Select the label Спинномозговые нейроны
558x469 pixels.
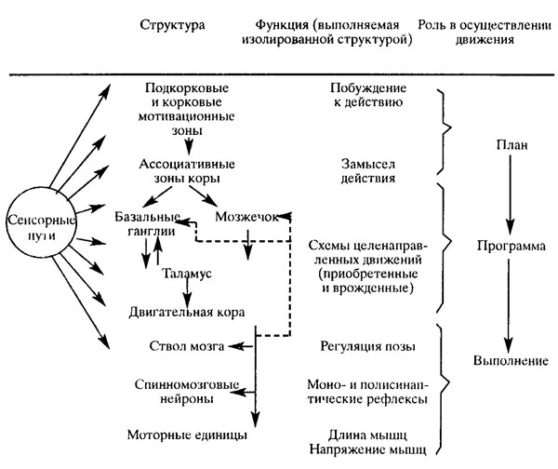[180, 391]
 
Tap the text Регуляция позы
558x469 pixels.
[358, 347]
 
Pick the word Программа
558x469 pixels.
[510, 249]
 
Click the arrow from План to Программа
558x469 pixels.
[510, 195]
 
